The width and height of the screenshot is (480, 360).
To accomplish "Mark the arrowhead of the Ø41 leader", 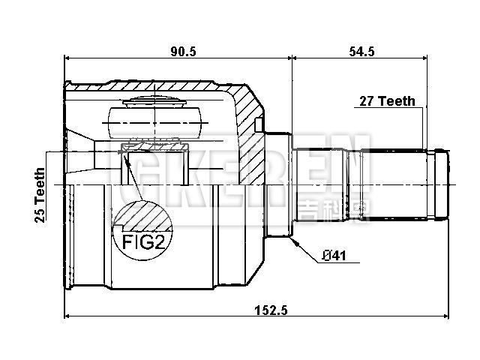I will (295, 241).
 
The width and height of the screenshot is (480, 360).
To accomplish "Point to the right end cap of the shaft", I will (441, 184).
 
